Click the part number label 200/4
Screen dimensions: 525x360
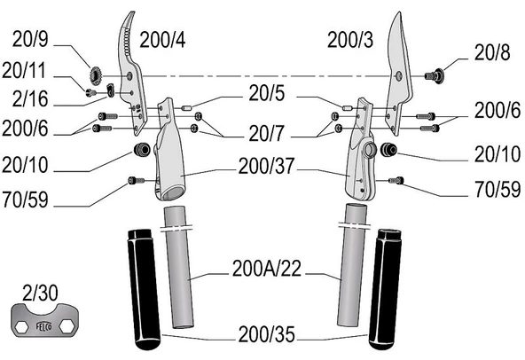(162, 40)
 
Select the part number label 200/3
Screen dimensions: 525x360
(350, 40)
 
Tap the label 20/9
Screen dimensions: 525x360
(30, 39)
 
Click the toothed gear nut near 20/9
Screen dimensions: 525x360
(96, 76)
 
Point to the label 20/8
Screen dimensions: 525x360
(492, 52)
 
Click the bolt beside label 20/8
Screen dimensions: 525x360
(435, 76)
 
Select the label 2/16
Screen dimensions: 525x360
(30, 98)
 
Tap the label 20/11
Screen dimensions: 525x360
(23, 71)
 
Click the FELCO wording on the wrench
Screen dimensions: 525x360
(43, 325)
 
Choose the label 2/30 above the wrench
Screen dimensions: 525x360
(40, 293)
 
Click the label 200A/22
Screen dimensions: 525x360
(267, 269)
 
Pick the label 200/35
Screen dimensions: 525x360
(267, 334)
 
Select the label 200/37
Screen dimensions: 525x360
(266, 166)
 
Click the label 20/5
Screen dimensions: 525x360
(267, 93)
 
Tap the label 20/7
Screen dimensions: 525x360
(266, 133)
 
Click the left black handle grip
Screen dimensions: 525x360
(144, 290)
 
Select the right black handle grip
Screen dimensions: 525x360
(385, 290)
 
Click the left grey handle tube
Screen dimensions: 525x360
(179, 268)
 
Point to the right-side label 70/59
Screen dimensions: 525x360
(498, 190)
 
